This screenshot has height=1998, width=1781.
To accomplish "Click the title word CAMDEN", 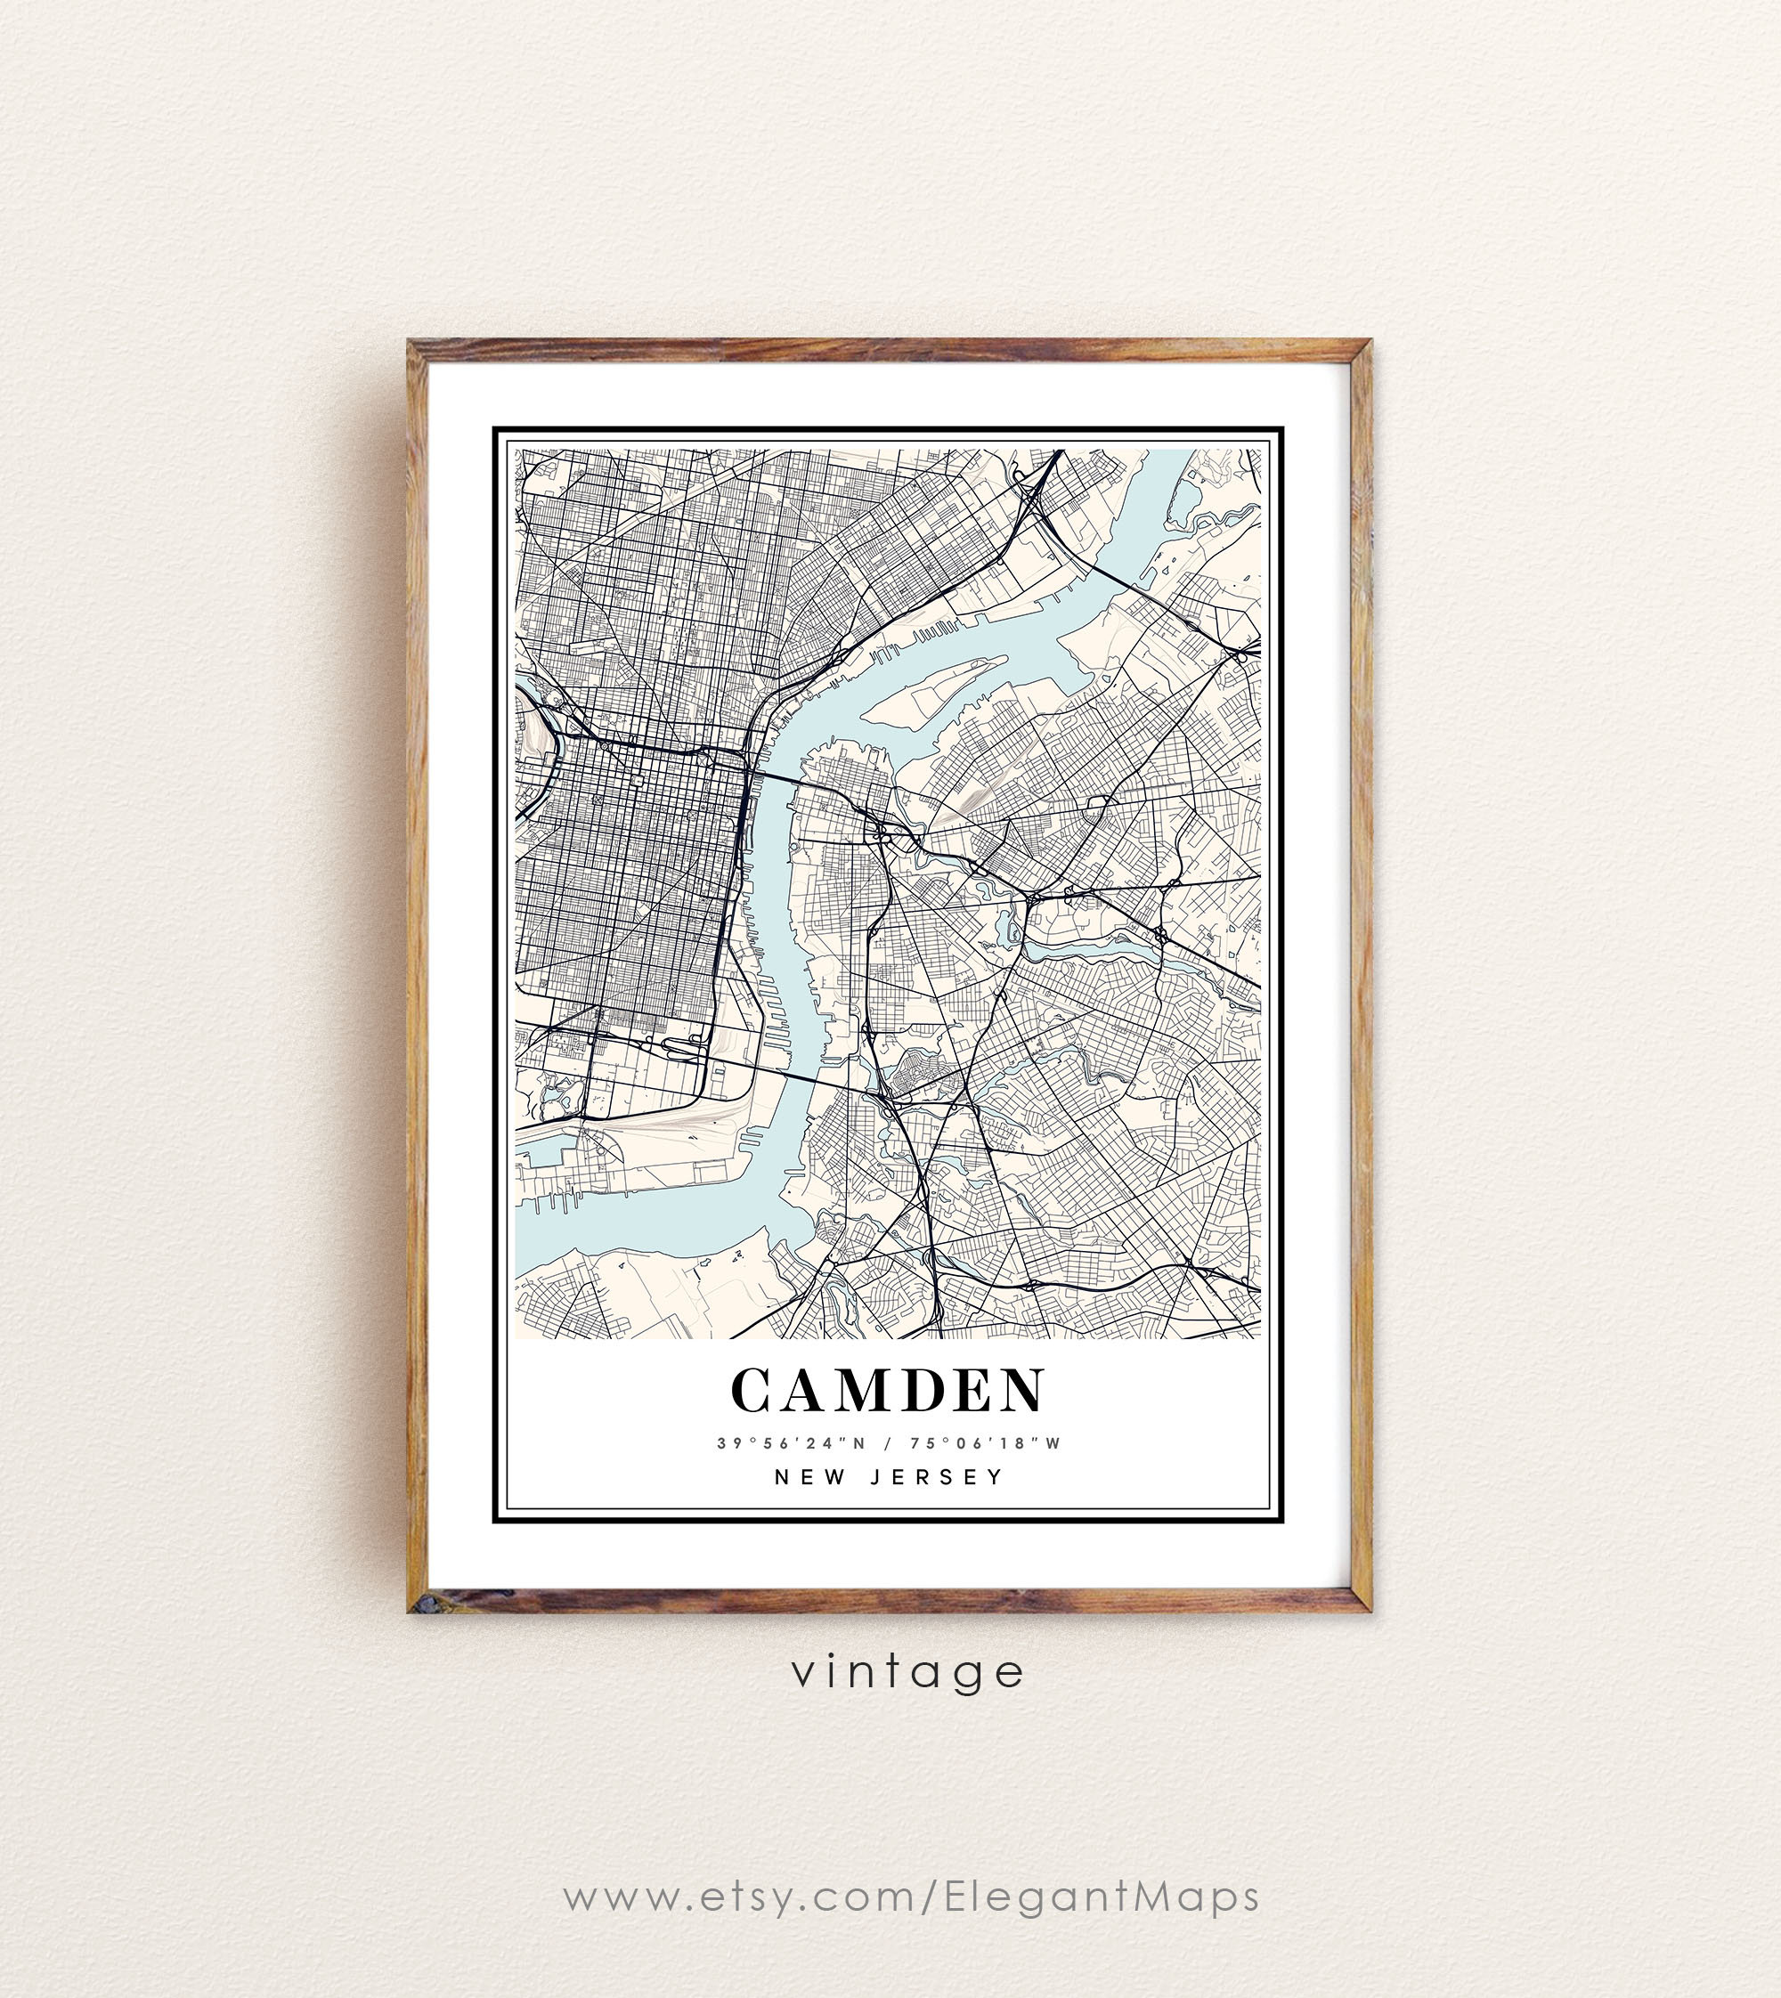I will click(888, 1391).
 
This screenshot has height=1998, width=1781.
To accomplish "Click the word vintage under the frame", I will click(908, 1672).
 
